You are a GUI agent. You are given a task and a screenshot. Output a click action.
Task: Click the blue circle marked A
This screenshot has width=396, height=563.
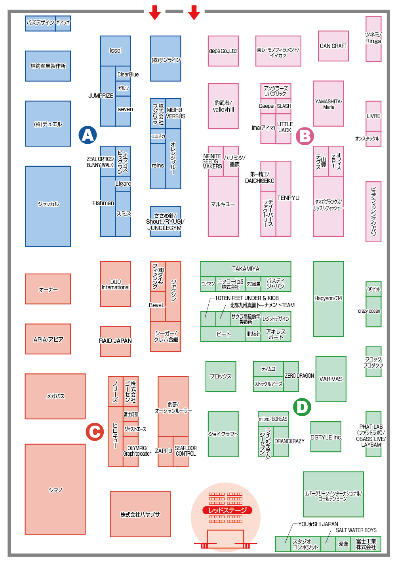[x=88, y=135]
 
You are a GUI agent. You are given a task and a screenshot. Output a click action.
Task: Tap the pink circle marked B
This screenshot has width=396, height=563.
[x=305, y=136]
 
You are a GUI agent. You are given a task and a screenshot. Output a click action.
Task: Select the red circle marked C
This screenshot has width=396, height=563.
[x=95, y=432]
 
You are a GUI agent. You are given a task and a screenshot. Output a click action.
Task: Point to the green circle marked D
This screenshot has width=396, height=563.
[x=302, y=407]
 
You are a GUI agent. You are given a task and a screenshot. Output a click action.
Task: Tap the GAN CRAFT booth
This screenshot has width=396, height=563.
[x=333, y=46]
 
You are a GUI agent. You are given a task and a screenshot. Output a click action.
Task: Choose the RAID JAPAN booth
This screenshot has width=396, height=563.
[x=115, y=341]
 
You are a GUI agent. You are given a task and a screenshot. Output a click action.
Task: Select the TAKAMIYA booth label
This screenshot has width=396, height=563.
[x=246, y=269]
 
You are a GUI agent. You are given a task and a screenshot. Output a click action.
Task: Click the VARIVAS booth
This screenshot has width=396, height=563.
[x=331, y=379]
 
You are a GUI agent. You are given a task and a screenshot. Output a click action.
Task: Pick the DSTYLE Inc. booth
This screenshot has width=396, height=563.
[x=326, y=437]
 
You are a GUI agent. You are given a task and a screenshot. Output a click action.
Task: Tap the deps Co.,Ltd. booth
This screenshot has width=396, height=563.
[x=223, y=51]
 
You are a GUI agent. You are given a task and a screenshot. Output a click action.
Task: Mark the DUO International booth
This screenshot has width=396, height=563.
[x=115, y=284]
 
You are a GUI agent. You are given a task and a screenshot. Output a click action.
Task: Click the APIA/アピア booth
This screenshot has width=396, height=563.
[x=48, y=339]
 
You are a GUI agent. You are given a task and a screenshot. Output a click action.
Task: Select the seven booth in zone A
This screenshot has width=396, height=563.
[x=123, y=111]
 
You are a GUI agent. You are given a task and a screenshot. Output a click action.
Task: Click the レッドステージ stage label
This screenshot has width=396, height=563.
[x=227, y=510]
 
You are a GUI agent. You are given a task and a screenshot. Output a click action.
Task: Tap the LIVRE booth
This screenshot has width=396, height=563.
[x=373, y=116]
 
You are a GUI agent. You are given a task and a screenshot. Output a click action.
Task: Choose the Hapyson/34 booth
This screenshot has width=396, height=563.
[x=328, y=299]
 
